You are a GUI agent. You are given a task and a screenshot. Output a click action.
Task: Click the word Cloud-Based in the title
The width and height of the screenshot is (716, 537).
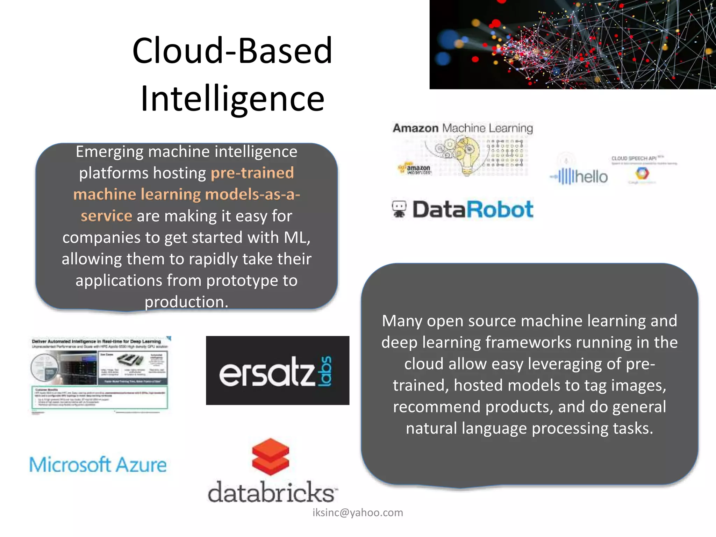point(232,51)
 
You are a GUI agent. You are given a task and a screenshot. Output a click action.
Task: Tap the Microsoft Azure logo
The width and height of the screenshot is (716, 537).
point(98,465)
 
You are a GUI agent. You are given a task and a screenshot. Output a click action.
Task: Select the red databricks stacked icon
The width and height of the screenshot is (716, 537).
point(271,456)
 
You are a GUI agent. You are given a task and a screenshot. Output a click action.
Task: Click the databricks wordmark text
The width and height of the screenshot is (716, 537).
point(272,492)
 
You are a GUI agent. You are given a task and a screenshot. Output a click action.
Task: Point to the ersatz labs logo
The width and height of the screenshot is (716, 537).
point(278,371)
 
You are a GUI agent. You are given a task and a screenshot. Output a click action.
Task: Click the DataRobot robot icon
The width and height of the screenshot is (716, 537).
point(399,209)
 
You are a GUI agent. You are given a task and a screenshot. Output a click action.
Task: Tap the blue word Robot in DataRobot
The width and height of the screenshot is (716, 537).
point(500,209)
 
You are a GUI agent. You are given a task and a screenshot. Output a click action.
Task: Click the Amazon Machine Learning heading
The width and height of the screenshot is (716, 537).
point(463,128)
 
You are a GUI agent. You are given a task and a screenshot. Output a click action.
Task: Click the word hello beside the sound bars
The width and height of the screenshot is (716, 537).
point(592,177)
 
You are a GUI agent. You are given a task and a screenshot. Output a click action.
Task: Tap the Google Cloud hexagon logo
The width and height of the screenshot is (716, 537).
point(642,173)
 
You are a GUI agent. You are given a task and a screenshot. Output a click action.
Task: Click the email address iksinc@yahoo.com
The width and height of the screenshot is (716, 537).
point(358,513)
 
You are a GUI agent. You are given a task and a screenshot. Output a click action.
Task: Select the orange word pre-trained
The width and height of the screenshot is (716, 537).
point(252,173)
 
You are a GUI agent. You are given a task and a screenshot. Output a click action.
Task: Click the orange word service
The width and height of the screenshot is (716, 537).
point(107,216)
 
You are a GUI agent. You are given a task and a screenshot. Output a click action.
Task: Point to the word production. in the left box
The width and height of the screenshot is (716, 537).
point(186,302)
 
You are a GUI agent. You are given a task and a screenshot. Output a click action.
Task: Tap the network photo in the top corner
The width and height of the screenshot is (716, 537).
point(572,44)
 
